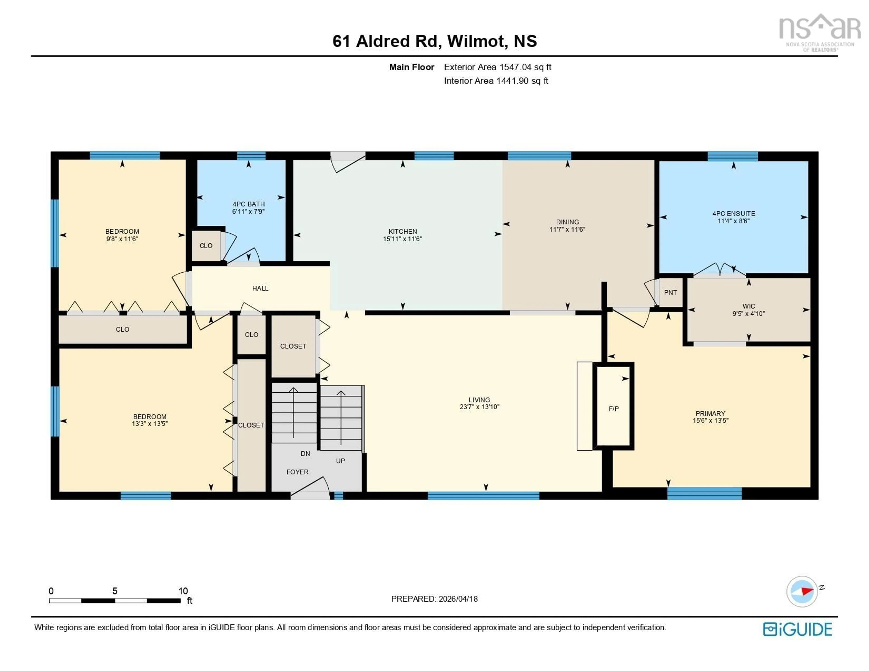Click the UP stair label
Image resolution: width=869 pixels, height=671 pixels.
pos(340,461)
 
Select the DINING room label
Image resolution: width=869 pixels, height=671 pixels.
pos(567,222)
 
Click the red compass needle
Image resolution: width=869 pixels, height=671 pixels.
pos(807,591)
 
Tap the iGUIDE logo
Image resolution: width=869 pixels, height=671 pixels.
pos(797,629)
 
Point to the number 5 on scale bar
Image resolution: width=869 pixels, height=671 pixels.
pos(115,591)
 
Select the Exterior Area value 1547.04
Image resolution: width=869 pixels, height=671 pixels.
pos(515,67)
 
